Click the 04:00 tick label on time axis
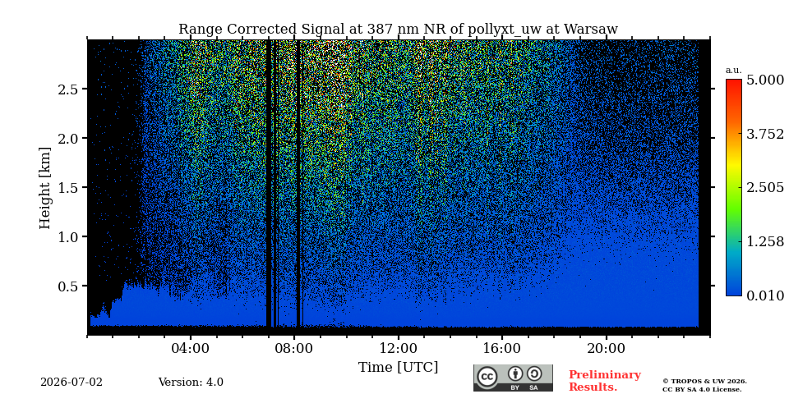(x=191, y=348)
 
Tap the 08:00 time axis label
(x=294, y=348)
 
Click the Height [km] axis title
(x=45, y=188)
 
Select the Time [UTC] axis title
(x=398, y=368)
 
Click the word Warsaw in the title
(x=591, y=30)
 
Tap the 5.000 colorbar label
(x=765, y=80)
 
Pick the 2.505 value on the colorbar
(x=765, y=188)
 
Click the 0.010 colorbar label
(x=765, y=295)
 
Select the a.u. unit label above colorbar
(x=734, y=71)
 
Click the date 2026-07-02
(x=72, y=383)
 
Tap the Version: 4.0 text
(x=191, y=383)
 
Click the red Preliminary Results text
(x=605, y=381)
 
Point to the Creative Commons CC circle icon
(x=487, y=377)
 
